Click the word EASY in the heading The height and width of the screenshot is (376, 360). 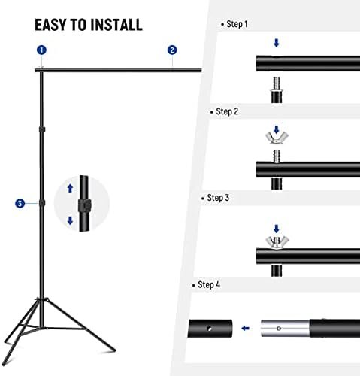coord(52,24)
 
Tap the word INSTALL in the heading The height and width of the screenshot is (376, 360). coord(116,24)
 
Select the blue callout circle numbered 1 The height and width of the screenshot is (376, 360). coord(41,50)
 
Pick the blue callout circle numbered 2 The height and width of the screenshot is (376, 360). coord(172,50)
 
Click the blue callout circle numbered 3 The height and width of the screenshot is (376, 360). coord(19,203)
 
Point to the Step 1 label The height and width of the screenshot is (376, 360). coord(237,24)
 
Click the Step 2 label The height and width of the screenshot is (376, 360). coord(227,111)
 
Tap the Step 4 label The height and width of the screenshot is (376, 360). coord(209,286)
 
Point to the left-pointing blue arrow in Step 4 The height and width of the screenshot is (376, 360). coord(244,328)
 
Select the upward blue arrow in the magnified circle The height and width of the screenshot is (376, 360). coord(71,189)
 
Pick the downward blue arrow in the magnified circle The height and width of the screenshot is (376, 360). coord(71,220)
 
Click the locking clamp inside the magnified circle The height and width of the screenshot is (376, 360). coord(83,205)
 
